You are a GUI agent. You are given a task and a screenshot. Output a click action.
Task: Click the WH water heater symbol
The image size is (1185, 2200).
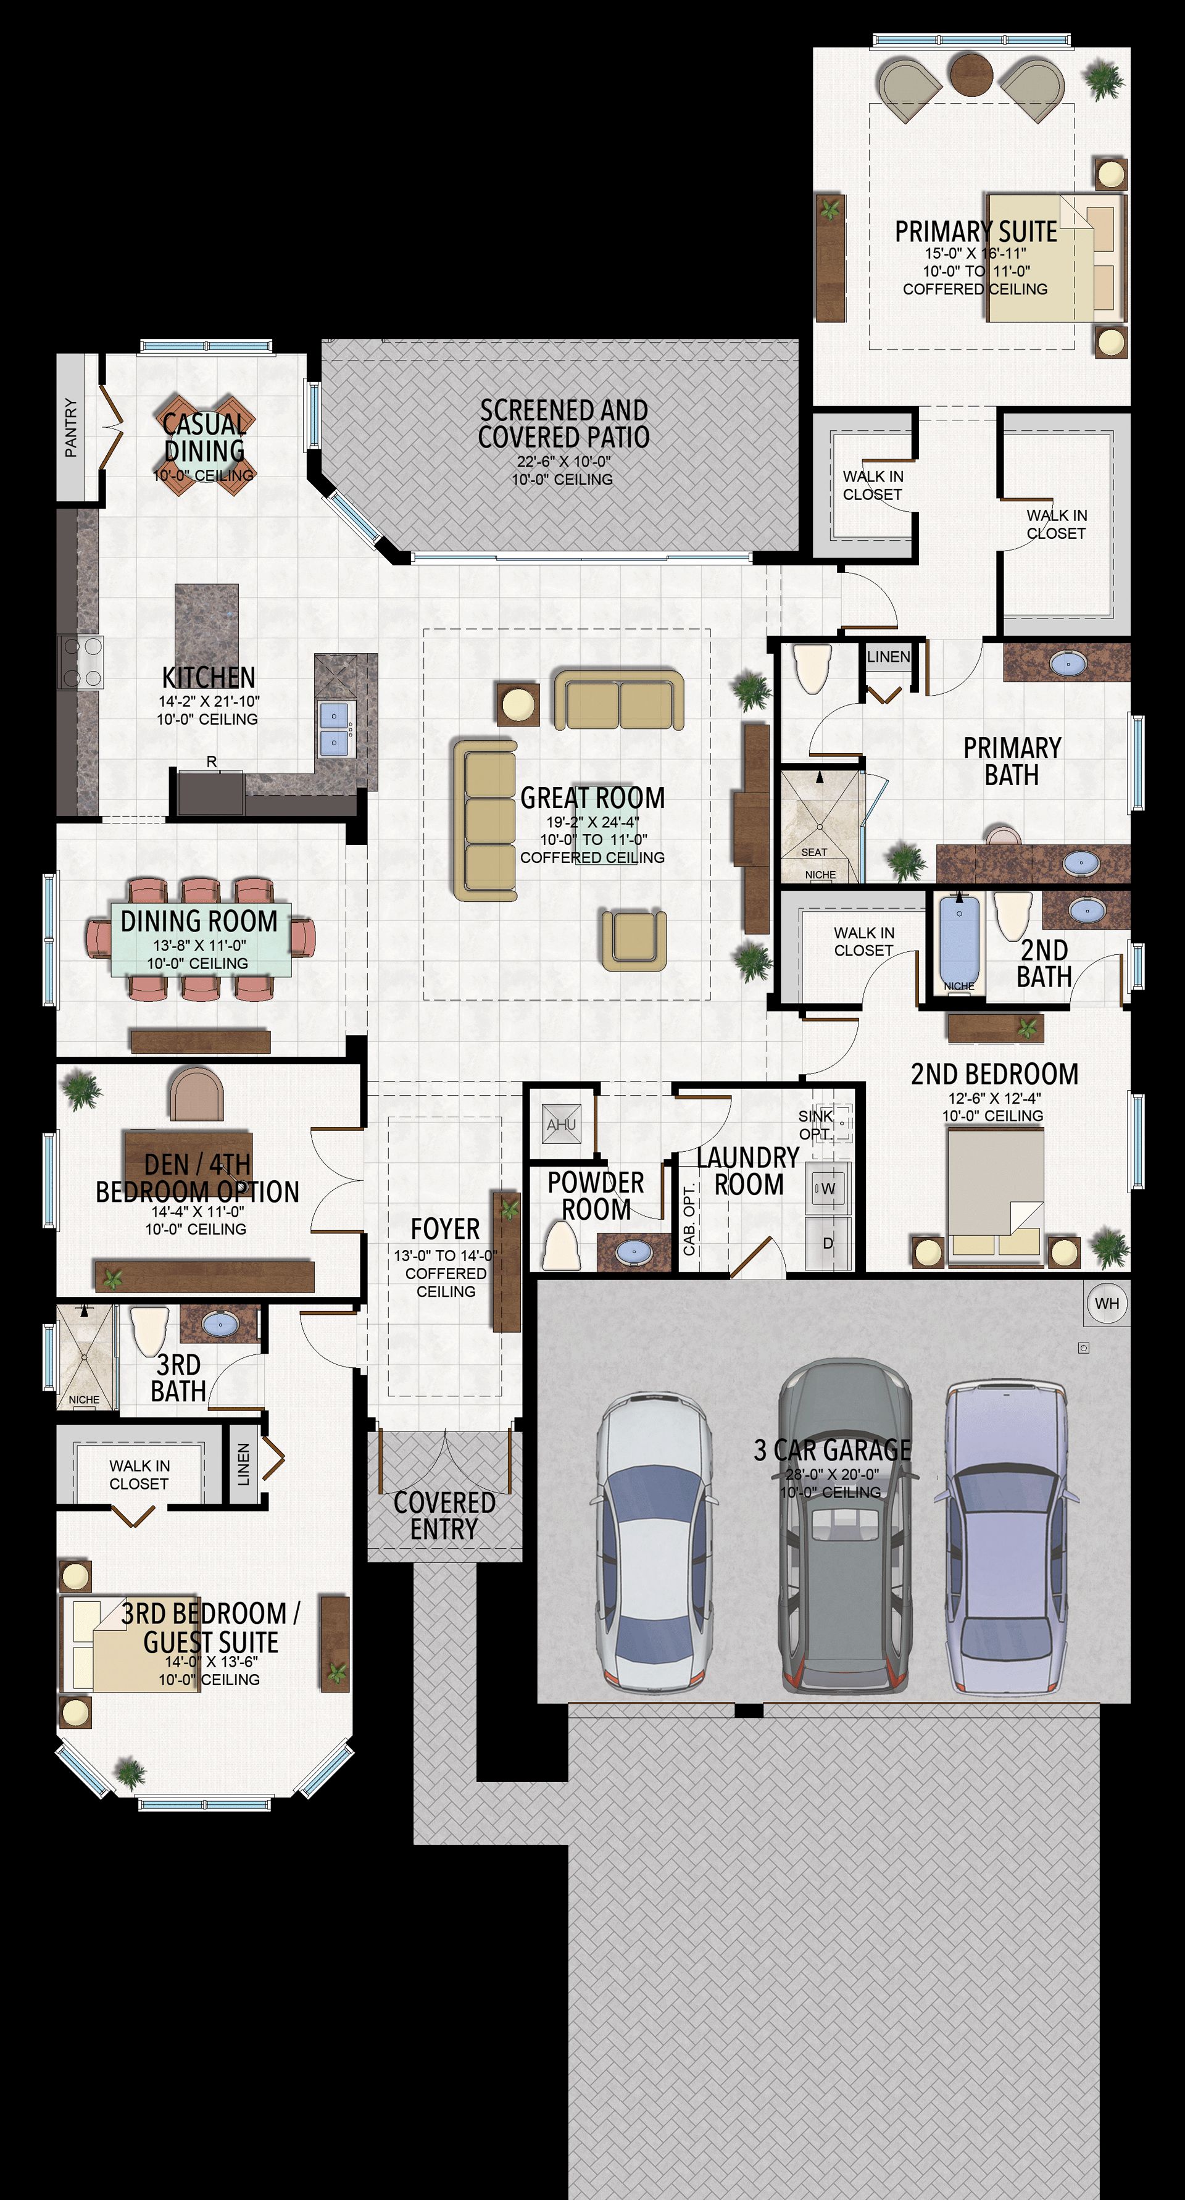[1107, 1303]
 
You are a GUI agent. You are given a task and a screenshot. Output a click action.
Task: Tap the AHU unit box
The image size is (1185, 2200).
[562, 1125]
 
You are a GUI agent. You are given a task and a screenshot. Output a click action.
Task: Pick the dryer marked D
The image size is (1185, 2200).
[827, 1243]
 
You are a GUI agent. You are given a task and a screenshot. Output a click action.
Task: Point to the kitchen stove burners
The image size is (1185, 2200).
[80, 662]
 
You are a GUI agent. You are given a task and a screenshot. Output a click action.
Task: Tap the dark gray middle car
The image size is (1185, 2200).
[844, 1525]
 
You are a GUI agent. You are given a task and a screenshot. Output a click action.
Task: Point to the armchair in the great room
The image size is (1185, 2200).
[633, 940]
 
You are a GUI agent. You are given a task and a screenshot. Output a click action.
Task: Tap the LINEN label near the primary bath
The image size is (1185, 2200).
[888, 657]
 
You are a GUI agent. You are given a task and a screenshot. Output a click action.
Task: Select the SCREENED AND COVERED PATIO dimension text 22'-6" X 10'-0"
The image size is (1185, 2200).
[563, 462]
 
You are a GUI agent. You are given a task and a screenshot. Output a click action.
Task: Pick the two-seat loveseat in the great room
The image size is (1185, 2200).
[619, 699]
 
